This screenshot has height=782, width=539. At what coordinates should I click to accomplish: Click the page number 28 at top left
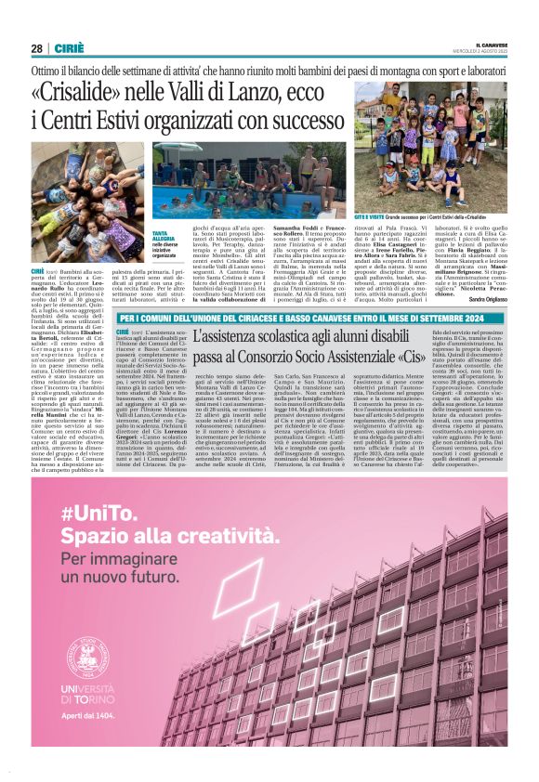(36, 49)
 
